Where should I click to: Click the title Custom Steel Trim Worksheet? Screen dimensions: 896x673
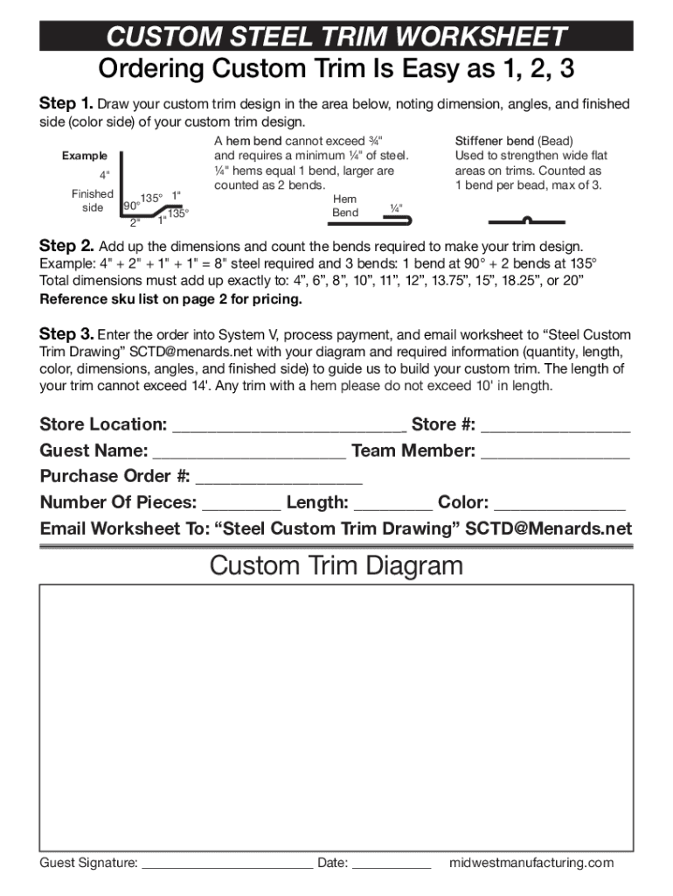tap(336, 37)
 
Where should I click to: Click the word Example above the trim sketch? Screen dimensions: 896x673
tap(84, 156)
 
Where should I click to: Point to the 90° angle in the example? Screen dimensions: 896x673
tap(130, 206)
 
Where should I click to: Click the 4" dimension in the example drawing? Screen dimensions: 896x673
tap(104, 175)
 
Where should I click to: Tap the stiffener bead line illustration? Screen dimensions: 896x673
tap(526, 220)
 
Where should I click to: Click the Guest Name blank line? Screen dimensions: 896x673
tap(249, 452)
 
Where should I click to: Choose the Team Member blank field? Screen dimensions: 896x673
tap(555, 452)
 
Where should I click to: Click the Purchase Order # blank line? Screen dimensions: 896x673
tap(279, 478)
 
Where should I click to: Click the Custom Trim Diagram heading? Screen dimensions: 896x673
tap(336, 566)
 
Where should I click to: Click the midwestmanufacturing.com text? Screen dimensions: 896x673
tap(531, 863)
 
